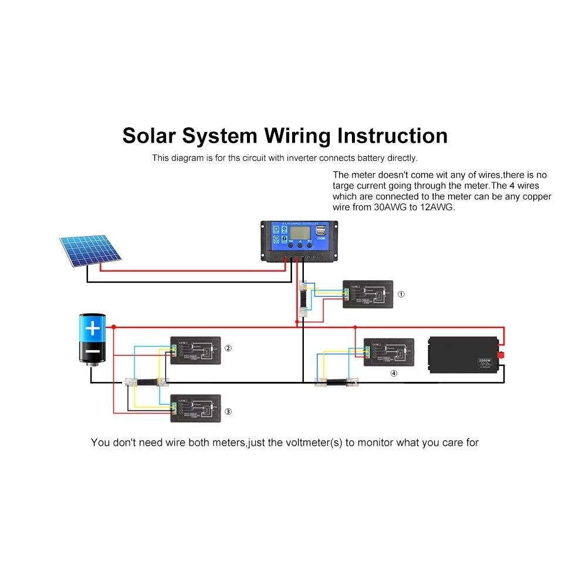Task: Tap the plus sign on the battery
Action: click(93, 328)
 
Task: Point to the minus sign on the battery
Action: click(93, 351)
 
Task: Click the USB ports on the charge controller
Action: click(320, 234)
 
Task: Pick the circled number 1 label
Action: click(401, 294)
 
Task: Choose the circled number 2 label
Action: click(228, 348)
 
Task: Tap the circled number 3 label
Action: click(228, 412)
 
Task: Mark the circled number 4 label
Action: click(394, 373)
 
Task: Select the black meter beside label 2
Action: click(195, 350)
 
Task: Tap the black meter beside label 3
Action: click(195, 408)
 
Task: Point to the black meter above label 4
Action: click(388, 352)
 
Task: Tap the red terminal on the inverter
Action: click(502, 355)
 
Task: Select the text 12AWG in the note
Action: click(436, 208)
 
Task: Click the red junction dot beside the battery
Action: click(114, 327)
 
